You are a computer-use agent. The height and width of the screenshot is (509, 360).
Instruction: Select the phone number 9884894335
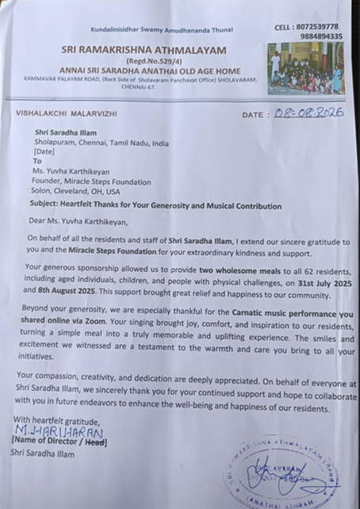coord(322,36)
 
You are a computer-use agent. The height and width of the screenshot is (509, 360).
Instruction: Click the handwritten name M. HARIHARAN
coord(71,432)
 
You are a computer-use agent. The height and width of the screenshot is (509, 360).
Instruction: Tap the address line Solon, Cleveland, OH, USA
coord(77,192)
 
